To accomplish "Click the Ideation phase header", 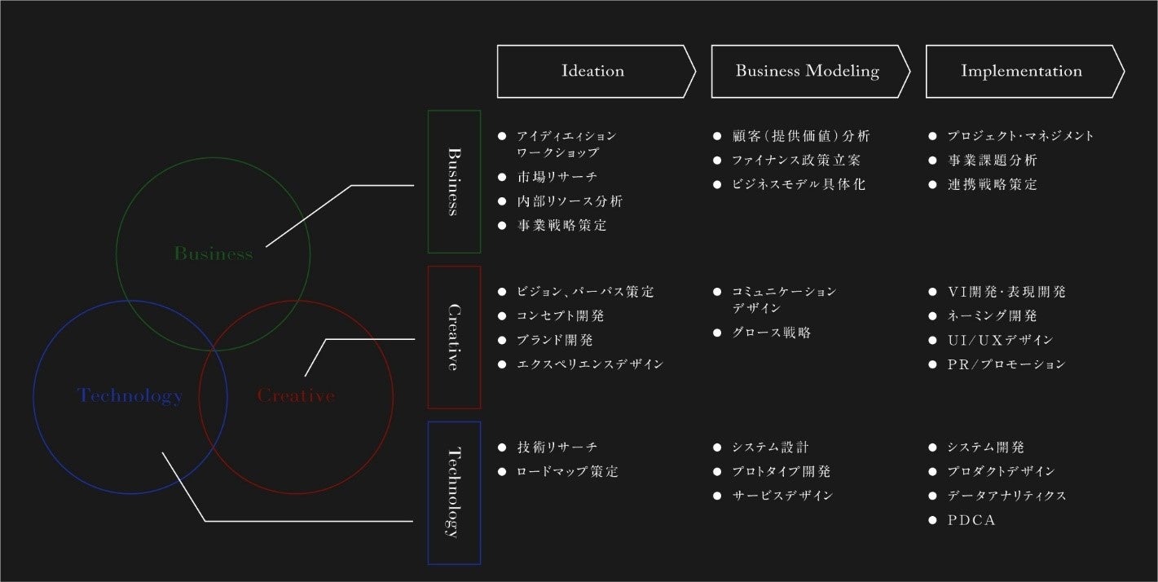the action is click(593, 71).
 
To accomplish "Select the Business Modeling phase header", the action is click(807, 71).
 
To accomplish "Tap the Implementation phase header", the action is click(1021, 71).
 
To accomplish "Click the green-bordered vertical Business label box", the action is click(454, 182).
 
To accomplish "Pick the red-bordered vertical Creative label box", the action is click(454, 337).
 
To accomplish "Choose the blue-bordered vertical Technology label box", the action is click(454, 492).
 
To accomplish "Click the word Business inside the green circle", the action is click(214, 254).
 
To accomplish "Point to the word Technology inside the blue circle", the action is click(130, 396).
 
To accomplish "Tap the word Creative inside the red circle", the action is click(296, 396).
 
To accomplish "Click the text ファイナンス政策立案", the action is click(796, 161).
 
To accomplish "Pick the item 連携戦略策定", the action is click(992, 185).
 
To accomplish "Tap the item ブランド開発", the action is click(555, 340).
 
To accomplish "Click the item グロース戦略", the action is click(771, 333).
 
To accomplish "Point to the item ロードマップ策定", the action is click(567, 472).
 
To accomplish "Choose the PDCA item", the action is click(971, 520).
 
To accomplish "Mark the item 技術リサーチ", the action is click(557, 448).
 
